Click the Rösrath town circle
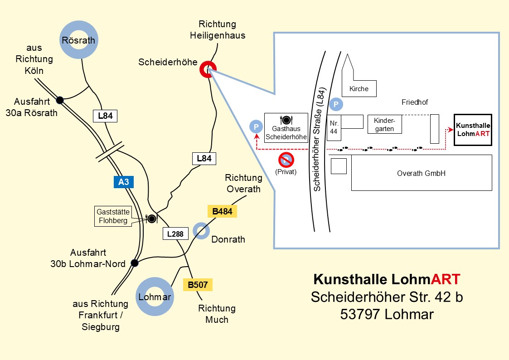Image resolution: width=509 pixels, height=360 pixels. [78, 40]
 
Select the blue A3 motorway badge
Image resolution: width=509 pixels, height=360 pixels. [124, 182]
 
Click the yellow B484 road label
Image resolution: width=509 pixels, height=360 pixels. [222, 211]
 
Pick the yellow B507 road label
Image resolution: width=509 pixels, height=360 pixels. [198, 285]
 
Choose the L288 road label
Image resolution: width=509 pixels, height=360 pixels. [175, 234]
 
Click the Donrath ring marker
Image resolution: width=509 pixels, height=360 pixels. [201, 230]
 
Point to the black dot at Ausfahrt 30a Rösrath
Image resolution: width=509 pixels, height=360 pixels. [59, 100]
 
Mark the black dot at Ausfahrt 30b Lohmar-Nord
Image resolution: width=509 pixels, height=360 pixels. [134, 263]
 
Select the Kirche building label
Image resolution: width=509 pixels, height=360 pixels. [359, 89]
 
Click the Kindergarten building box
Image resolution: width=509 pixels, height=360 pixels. [384, 125]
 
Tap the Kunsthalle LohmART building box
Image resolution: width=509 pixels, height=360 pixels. [473, 130]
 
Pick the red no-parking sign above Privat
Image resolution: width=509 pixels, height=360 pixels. [286, 160]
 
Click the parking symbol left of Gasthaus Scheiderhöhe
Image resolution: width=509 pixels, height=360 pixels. [256, 126]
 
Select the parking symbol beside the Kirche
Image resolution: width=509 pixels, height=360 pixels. [336, 104]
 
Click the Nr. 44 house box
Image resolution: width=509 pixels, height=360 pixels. [334, 127]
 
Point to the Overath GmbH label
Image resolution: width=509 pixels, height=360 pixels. [421, 173]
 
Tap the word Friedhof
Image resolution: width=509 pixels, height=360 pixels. [415, 102]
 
